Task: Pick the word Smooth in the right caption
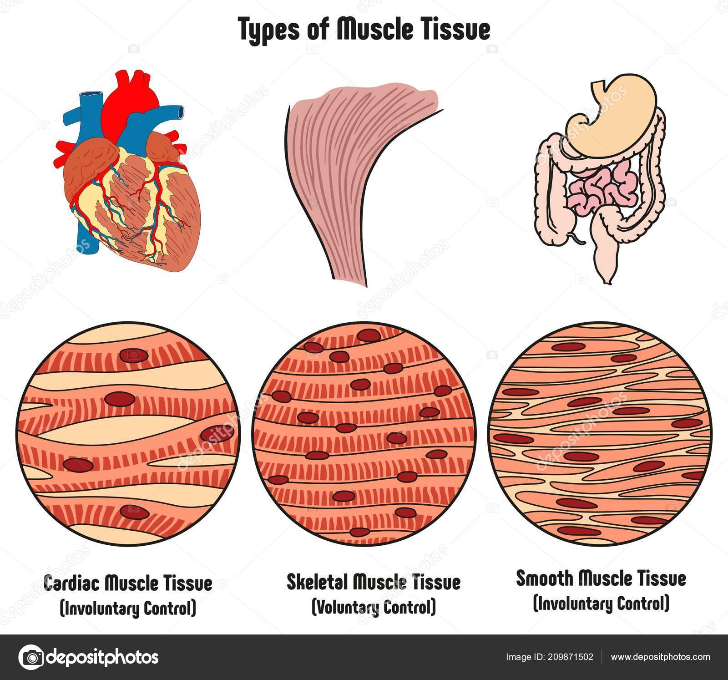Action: tap(545, 579)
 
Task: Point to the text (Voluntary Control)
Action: tap(373, 607)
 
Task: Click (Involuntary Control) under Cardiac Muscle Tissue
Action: tap(128, 608)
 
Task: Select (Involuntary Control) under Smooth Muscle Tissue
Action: tap(601, 604)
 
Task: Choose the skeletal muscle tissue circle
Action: tap(364, 430)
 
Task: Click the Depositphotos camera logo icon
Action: tap(31, 657)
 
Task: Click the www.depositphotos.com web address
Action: tap(660, 657)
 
